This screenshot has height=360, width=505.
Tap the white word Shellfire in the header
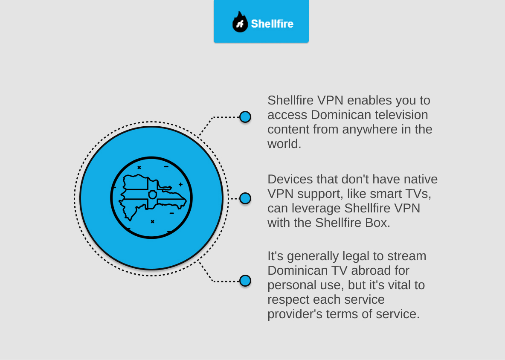(272, 23)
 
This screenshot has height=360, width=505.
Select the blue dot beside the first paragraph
(245, 117)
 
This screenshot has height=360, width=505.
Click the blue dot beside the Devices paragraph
(245, 198)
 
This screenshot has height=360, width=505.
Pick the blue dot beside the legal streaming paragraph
(245, 281)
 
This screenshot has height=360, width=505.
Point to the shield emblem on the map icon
(152, 195)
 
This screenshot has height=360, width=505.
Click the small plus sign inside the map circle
(181, 185)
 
